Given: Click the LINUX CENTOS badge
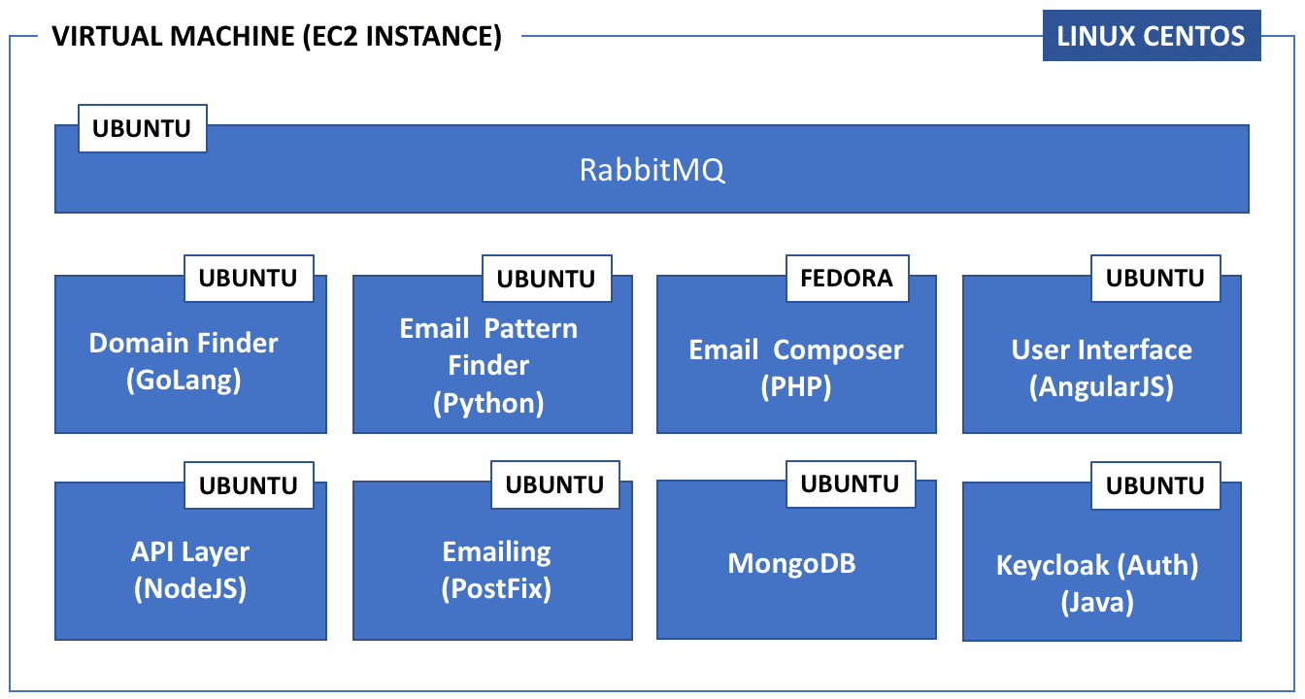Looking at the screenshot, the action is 1152,36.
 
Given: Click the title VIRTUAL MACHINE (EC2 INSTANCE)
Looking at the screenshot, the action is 277,36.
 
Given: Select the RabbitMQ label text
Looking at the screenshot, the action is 652,170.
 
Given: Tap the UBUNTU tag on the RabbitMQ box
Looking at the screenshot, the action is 142,128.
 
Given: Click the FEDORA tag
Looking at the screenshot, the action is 847,278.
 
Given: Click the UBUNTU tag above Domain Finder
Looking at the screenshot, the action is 249,278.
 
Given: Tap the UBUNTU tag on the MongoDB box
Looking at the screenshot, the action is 851,484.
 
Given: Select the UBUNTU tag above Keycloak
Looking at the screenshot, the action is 1155,485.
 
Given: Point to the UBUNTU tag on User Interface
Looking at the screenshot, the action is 1155,278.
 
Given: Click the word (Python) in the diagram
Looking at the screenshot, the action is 488,403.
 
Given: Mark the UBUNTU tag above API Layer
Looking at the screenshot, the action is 249,485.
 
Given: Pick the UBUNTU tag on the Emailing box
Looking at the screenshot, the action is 555,484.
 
